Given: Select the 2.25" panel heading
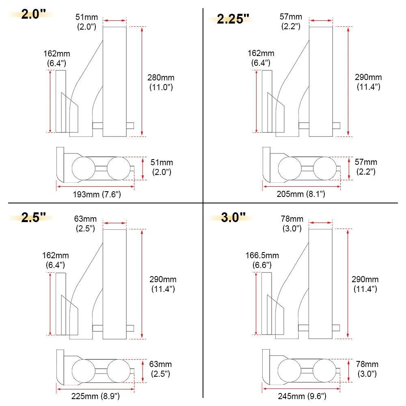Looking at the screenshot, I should click(233, 19).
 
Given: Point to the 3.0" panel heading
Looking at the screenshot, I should click(233, 217).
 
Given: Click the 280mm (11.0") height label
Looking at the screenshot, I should click(160, 82).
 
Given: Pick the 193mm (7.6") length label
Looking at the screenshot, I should click(96, 194).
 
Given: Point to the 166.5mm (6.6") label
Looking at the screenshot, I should click(262, 260).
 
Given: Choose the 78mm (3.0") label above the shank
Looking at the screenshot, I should click(292, 224).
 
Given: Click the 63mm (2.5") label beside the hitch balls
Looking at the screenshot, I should click(161, 369).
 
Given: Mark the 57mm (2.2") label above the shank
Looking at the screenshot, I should click(291, 21).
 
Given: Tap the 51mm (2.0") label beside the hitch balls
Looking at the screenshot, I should click(162, 167).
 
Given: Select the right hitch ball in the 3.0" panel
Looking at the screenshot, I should click(325, 370).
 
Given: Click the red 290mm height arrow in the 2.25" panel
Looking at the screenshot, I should click(348, 81).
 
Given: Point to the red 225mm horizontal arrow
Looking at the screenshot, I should click(96, 388).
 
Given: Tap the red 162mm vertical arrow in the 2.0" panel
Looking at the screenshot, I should click(50, 101).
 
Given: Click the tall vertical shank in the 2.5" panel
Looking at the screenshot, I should click(114, 284).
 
